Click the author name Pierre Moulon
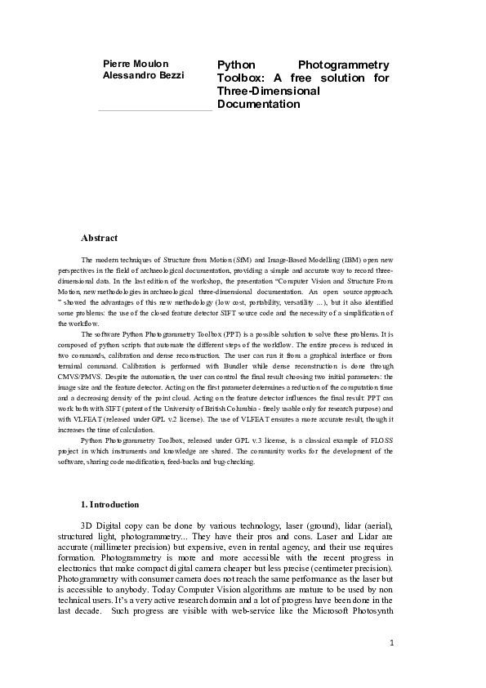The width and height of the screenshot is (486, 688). pyautogui.click(x=136, y=64)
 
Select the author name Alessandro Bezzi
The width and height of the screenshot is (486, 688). pyautogui.click(x=144, y=75)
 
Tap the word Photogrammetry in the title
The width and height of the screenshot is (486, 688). pyautogui.click(x=343, y=65)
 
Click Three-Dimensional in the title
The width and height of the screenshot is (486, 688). pyautogui.click(x=268, y=92)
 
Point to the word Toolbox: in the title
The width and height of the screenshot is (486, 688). pyautogui.click(x=240, y=78)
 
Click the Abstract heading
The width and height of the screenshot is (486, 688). pyautogui.click(x=99, y=238)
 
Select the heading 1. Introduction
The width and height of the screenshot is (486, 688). pyautogui.click(x=109, y=504)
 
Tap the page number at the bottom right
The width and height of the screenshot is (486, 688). pyautogui.click(x=392, y=642)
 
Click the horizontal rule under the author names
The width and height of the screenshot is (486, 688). pyautogui.click(x=154, y=110)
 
